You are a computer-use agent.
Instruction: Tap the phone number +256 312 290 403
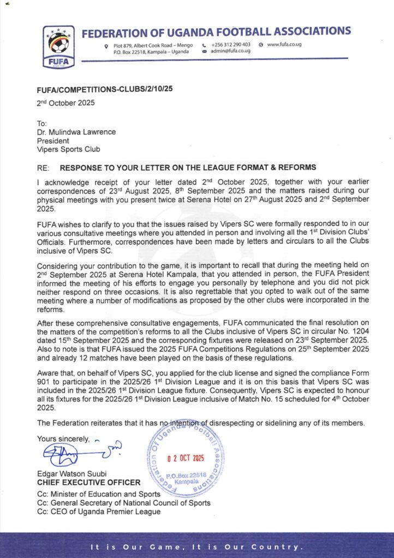230,44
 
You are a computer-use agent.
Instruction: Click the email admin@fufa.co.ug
230,51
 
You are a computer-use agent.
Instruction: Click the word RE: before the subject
43,167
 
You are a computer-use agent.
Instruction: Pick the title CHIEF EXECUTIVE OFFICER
88,483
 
